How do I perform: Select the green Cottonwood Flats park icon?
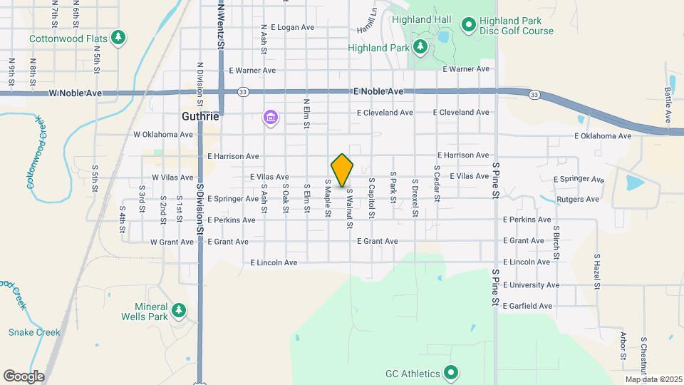[x=119, y=37]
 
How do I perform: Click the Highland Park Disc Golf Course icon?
[x=468, y=26]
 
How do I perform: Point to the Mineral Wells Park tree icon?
[x=178, y=310]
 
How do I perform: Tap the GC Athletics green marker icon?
[x=450, y=372]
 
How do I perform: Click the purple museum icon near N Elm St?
[x=270, y=116]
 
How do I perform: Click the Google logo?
[x=24, y=376]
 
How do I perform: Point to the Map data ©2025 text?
[x=653, y=379]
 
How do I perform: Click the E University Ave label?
[x=532, y=284]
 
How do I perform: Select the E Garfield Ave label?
[x=527, y=306]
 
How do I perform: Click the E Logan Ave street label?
[x=286, y=27]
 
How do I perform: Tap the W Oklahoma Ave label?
[x=163, y=134]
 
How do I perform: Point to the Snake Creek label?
[x=29, y=332]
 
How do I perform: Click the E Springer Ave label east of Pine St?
[x=579, y=180]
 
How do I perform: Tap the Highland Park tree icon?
[x=420, y=47]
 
